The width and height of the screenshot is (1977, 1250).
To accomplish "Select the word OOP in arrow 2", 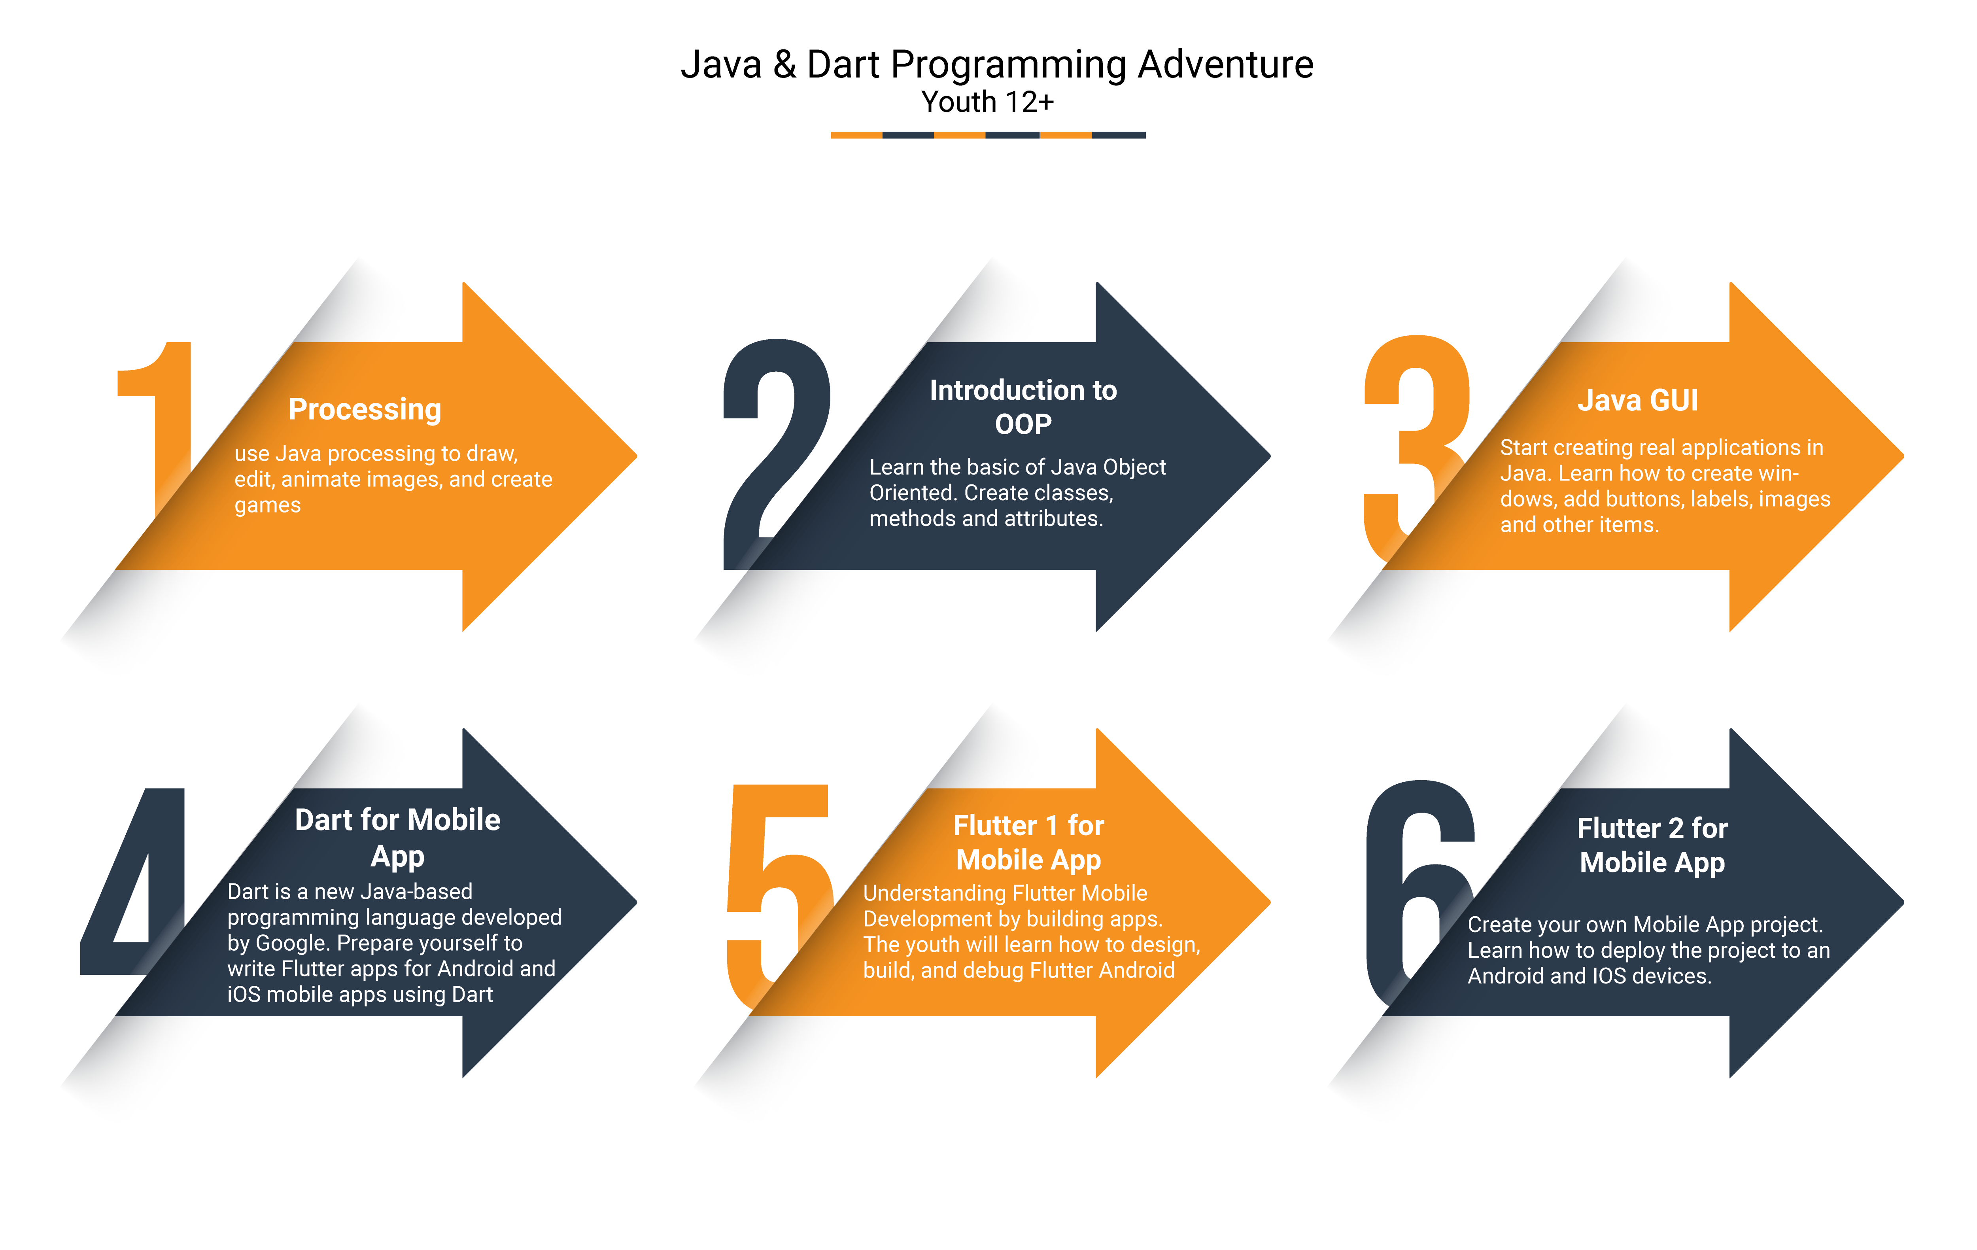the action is [1023, 425].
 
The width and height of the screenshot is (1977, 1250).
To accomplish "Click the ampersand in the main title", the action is [785, 65].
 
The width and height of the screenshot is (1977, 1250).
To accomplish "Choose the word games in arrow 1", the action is [268, 506].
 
